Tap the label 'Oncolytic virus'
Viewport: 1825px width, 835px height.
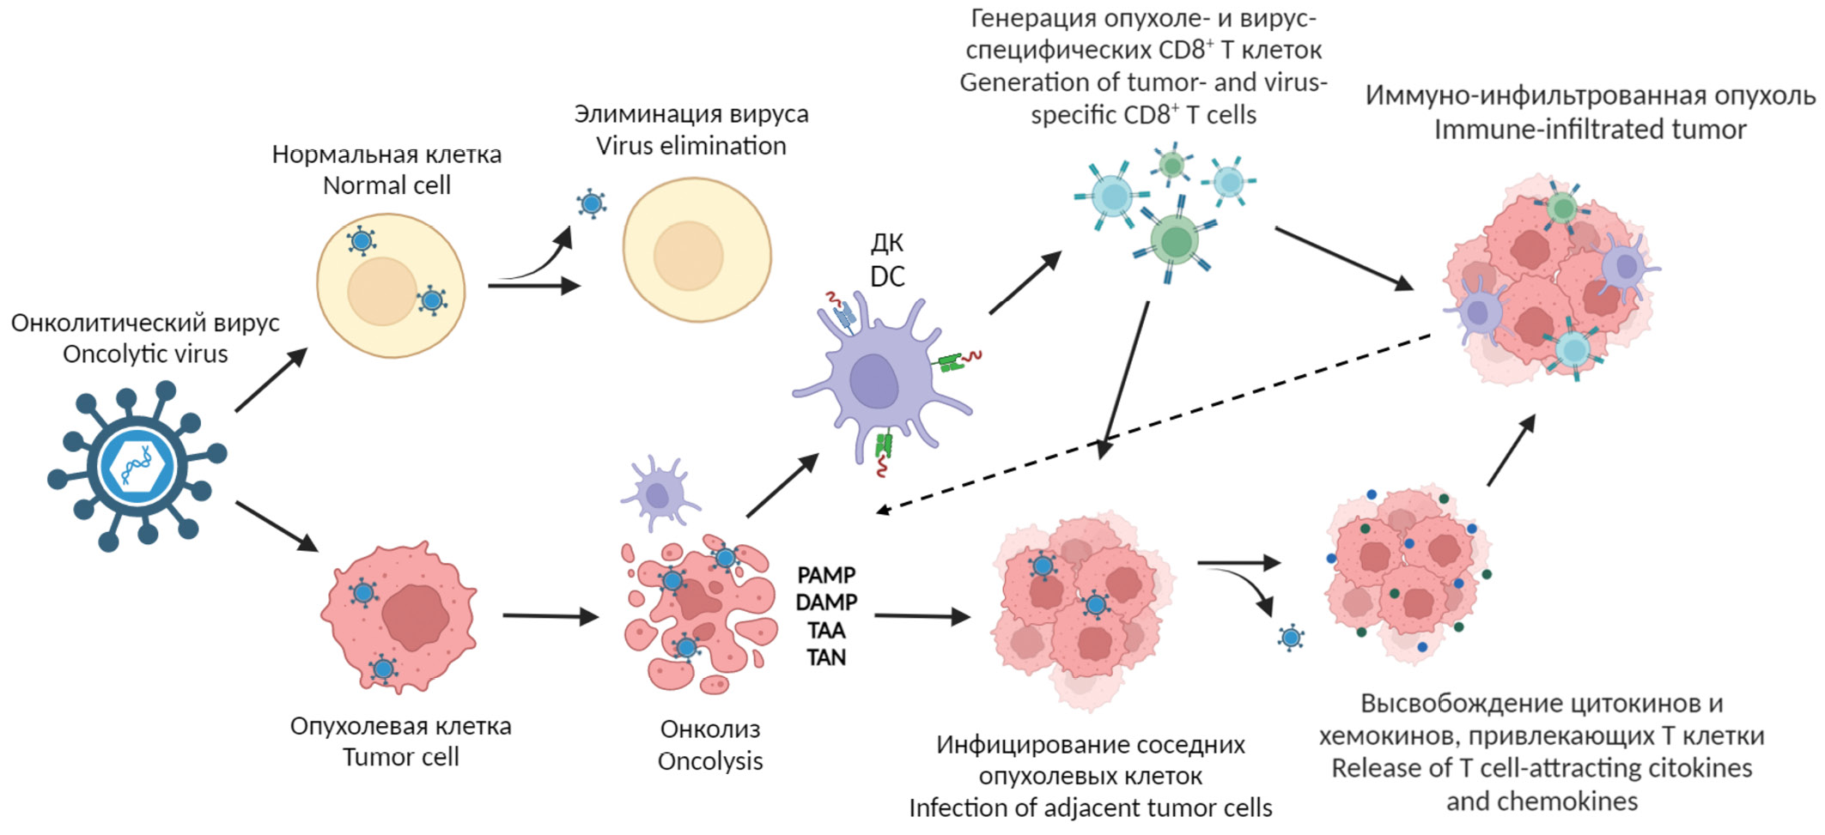[x=145, y=354]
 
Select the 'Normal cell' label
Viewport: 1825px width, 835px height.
[x=386, y=185]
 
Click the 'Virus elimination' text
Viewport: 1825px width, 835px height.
[x=691, y=146]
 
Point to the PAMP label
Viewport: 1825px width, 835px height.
[x=826, y=575]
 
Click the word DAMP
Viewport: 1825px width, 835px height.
[x=826, y=602]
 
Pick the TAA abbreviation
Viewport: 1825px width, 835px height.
[x=826, y=631]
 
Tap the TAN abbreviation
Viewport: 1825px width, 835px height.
[x=826, y=657]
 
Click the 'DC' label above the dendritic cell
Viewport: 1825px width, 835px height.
[x=887, y=276]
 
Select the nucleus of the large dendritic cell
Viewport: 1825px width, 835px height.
[x=873, y=380]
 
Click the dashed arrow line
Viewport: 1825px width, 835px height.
[x=1151, y=423]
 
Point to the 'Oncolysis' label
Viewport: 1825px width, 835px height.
[x=710, y=761]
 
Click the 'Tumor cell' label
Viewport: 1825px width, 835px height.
[x=400, y=757]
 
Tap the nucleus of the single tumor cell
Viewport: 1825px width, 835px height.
[x=416, y=617]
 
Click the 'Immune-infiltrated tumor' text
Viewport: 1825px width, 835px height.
[x=1590, y=130]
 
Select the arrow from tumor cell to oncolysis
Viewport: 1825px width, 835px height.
[x=550, y=615]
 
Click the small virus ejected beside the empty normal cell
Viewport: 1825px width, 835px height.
[x=592, y=204]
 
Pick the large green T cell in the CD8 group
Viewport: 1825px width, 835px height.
[x=1174, y=239]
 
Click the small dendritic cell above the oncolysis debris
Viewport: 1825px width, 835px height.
[x=658, y=493]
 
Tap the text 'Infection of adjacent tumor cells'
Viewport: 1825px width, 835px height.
[x=1090, y=808]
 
